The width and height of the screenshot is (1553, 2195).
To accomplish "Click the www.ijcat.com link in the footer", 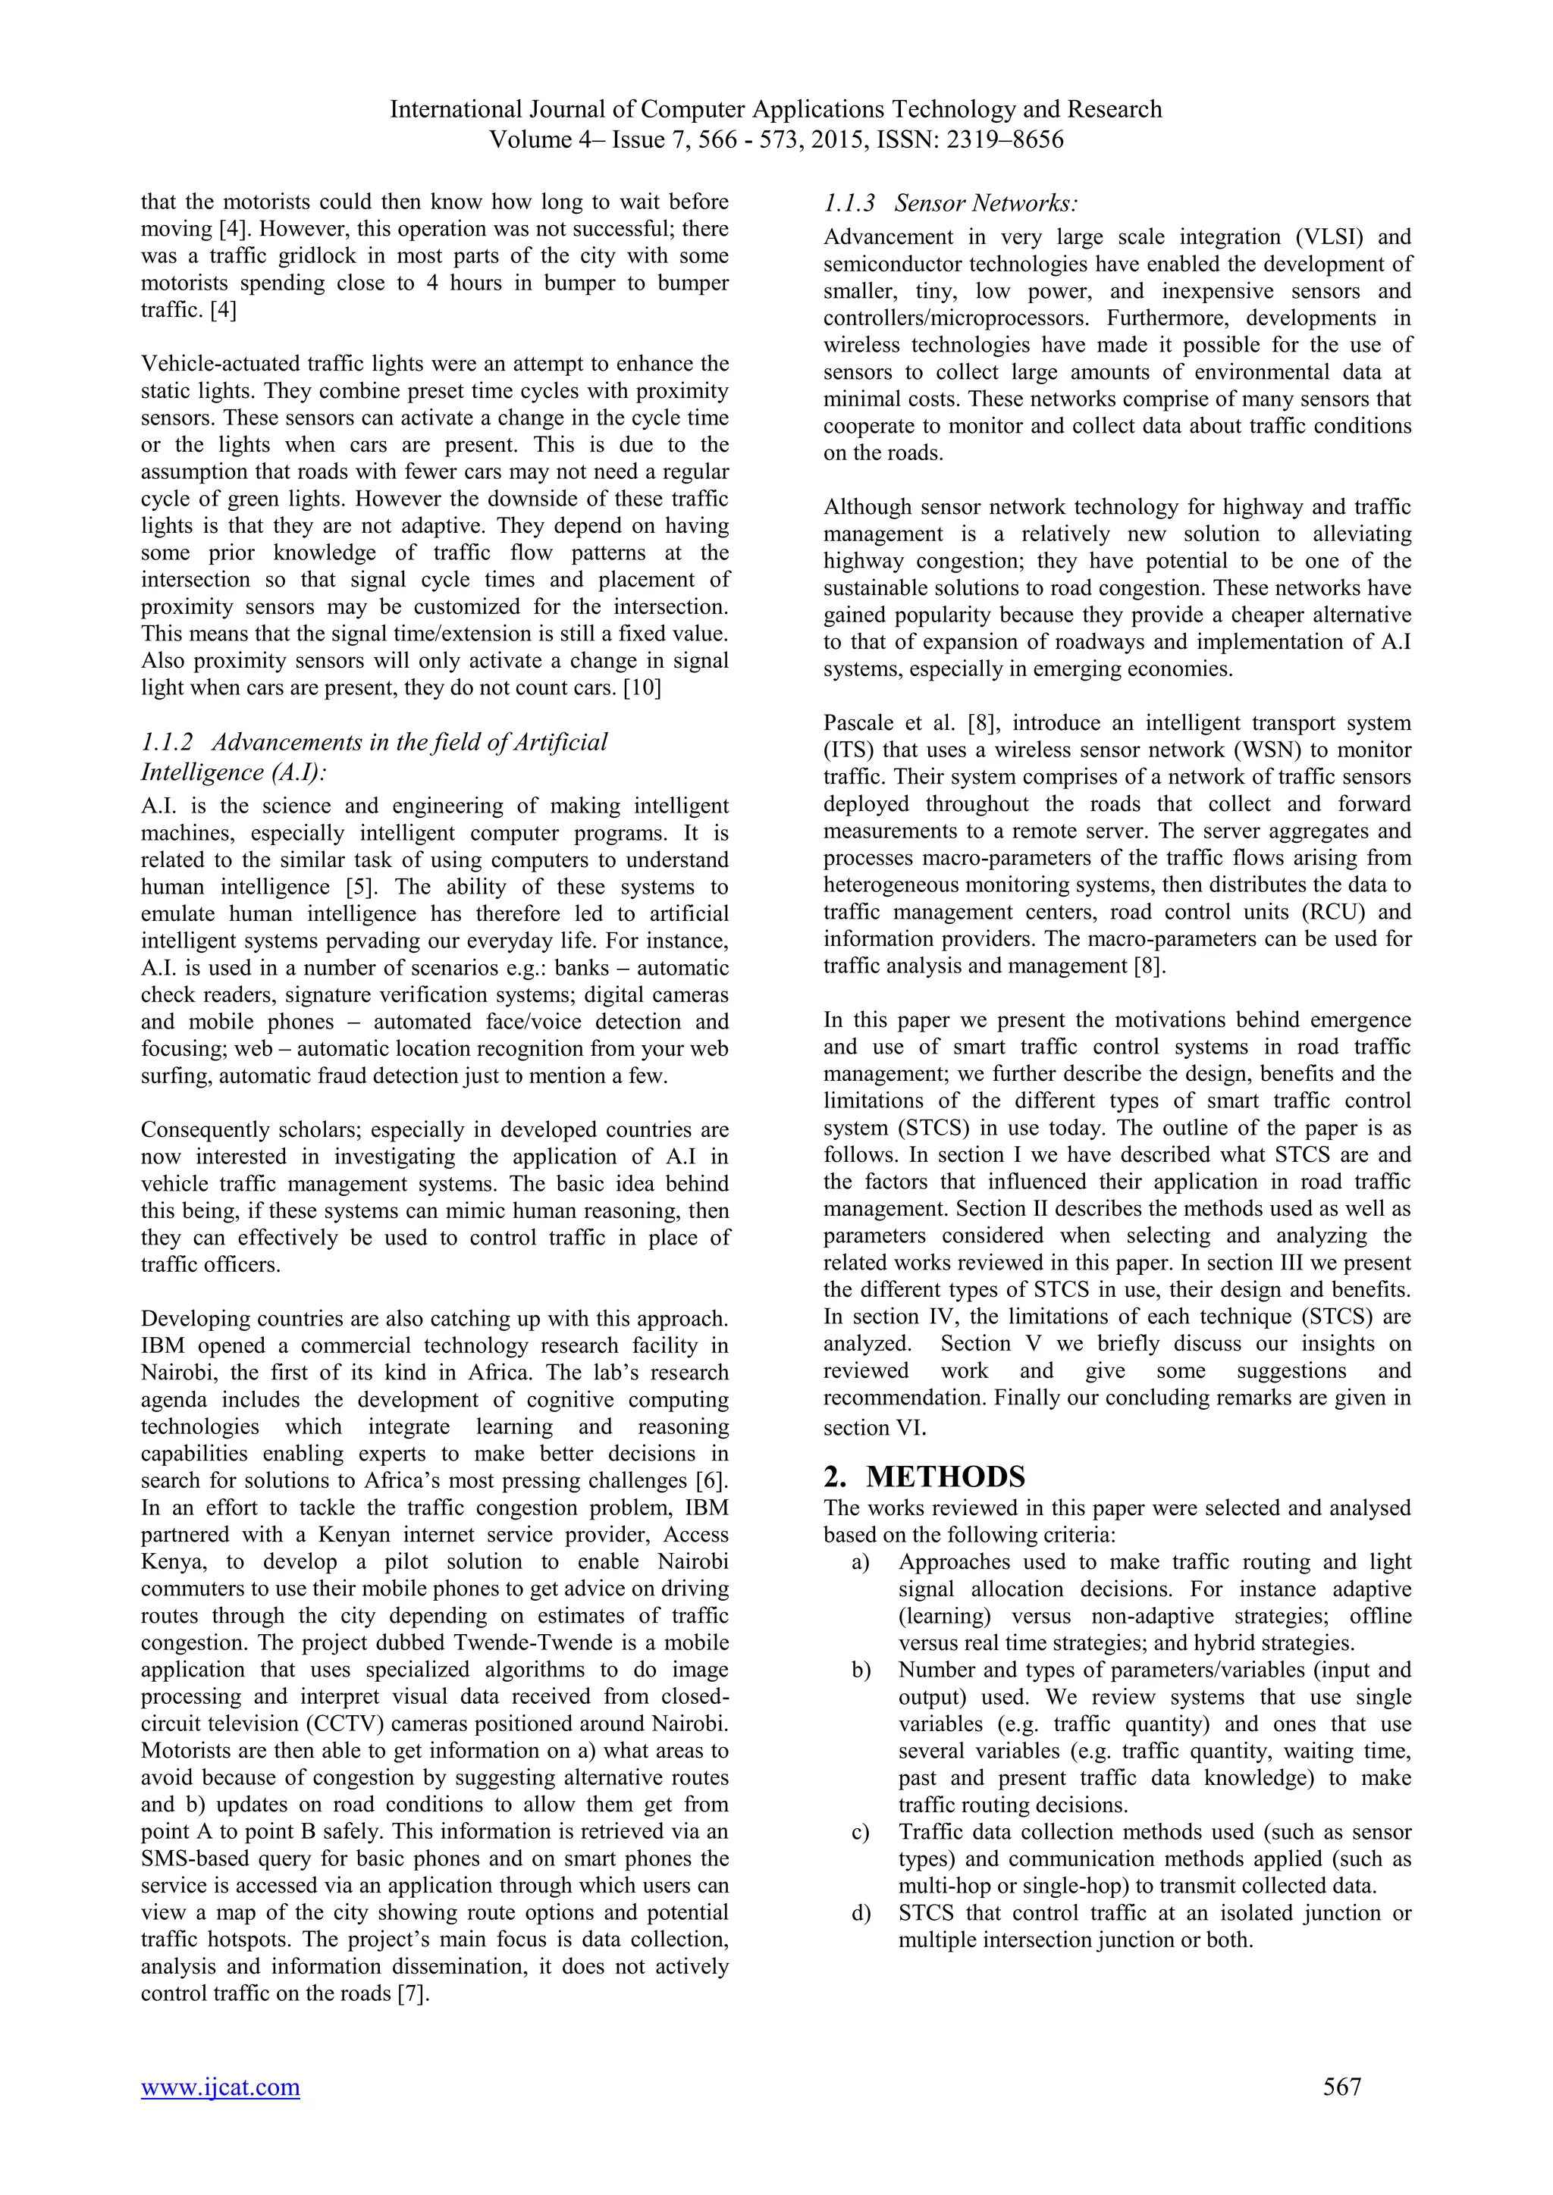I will (x=220, y=2113).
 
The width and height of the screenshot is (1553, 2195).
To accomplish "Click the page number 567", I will (x=1341, y=2113).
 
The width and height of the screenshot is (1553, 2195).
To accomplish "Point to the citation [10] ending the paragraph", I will (x=642, y=688).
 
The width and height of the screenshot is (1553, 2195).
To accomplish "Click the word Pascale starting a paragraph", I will (x=856, y=724).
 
